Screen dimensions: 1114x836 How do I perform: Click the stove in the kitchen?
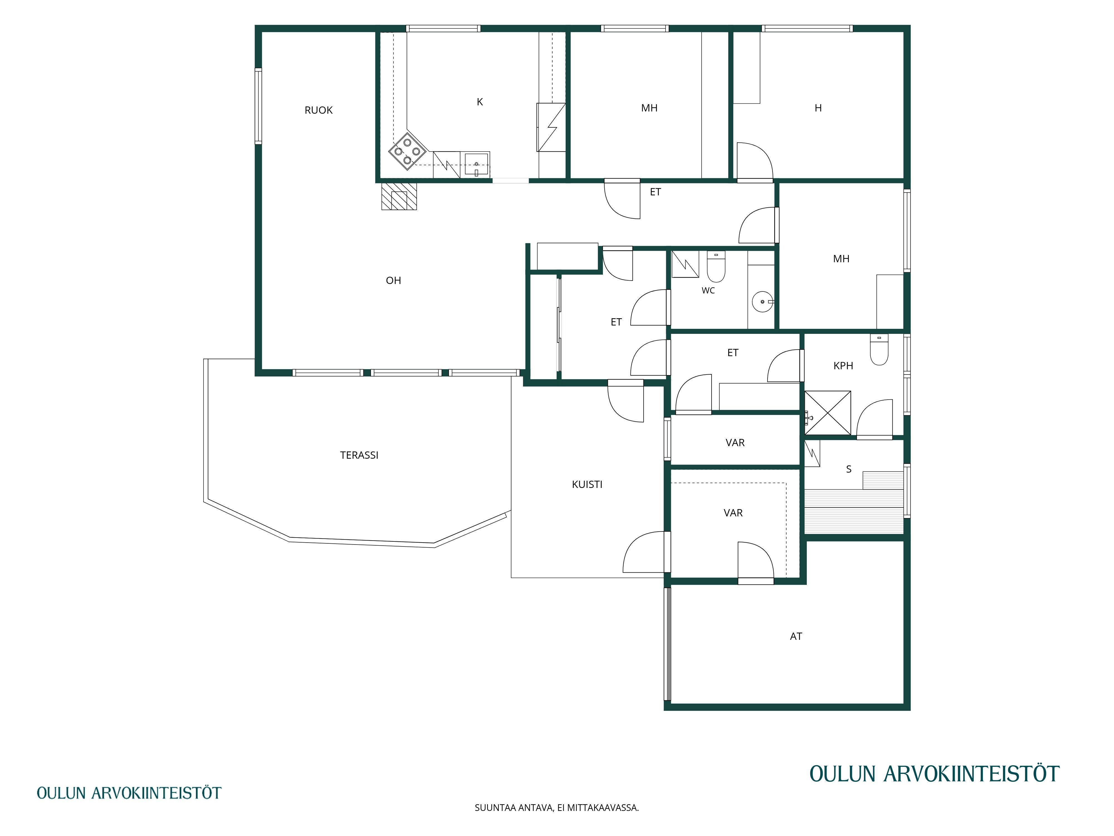[x=407, y=151]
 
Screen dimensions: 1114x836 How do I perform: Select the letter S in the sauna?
[x=849, y=470]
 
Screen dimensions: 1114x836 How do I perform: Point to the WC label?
[x=708, y=291]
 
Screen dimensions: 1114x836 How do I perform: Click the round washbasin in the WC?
[x=763, y=302]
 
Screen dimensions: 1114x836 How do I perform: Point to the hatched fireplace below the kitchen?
[x=399, y=196]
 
